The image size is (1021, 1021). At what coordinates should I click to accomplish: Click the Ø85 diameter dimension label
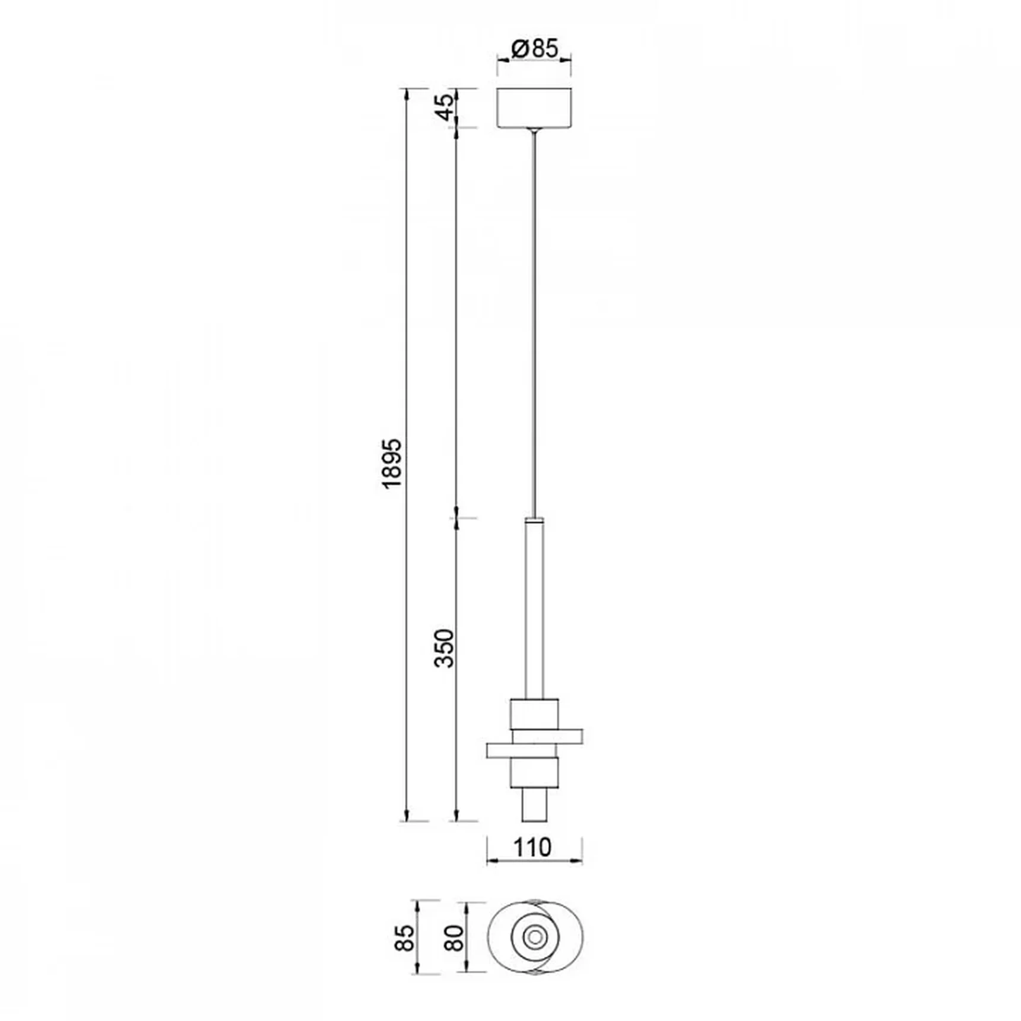(534, 48)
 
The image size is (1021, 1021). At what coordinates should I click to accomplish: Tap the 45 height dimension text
(445, 107)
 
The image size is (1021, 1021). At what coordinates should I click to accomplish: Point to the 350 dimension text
(444, 648)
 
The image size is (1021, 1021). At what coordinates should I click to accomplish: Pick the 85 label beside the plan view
(405, 937)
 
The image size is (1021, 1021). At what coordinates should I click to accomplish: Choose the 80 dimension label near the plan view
(455, 937)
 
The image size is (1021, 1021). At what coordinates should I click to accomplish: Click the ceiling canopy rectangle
(534, 107)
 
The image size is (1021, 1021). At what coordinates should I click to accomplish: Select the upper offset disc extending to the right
(547, 736)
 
